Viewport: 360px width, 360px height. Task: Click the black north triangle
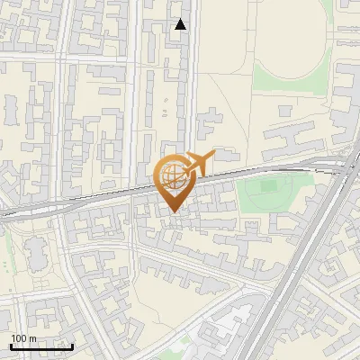point(181,24)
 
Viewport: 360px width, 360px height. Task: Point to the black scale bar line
point(41,346)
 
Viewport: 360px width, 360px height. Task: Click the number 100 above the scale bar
point(19,338)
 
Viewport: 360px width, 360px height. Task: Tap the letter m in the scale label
point(32,339)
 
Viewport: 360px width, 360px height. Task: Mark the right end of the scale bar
point(73,346)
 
